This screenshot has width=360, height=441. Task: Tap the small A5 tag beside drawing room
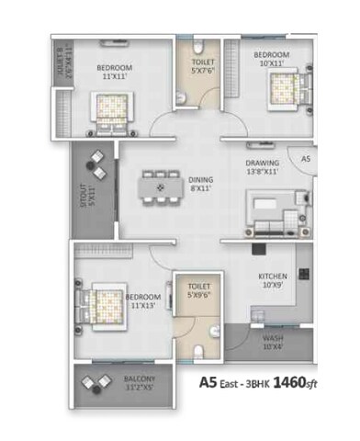click(x=306, y=159)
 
